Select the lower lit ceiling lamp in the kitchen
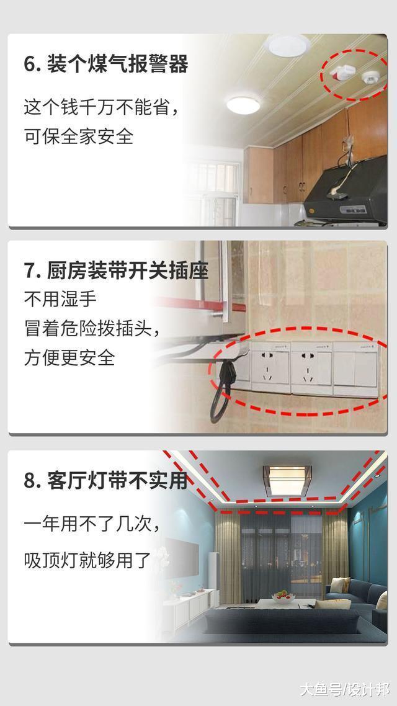243,104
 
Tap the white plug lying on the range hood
338,194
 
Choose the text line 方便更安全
69,357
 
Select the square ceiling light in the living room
286,481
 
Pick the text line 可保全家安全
79,136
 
